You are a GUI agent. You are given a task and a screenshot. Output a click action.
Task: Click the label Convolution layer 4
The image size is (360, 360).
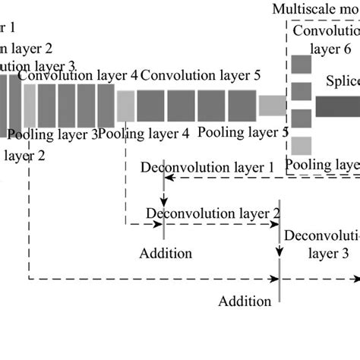78,76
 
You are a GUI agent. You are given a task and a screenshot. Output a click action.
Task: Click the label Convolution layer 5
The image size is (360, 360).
201,76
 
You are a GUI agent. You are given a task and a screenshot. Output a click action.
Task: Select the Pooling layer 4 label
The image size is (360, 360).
144,134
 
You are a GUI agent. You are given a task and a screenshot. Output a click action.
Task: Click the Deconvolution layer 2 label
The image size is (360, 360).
213,213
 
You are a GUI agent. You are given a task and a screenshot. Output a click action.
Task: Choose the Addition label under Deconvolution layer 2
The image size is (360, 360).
166,253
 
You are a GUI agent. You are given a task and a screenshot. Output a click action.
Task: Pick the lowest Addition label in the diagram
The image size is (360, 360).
245,302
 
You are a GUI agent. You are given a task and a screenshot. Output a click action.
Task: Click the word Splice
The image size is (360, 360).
343,81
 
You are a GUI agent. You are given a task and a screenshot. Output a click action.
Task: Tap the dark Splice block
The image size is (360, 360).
337,107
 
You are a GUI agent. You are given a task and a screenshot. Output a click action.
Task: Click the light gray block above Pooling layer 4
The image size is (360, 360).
126,105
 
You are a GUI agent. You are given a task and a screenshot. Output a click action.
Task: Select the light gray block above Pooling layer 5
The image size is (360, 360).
272,106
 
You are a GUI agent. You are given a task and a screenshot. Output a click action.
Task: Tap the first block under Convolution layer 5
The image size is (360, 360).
150,105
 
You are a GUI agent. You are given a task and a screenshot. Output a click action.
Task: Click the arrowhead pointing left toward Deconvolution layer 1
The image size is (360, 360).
170,178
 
